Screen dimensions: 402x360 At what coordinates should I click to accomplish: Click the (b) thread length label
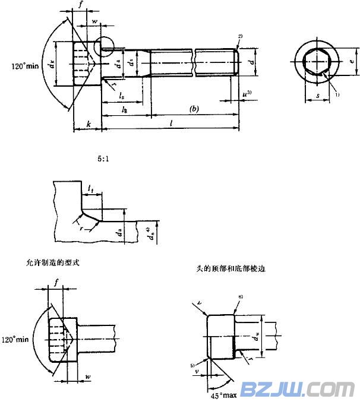193,109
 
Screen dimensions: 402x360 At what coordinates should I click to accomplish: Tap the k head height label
89,124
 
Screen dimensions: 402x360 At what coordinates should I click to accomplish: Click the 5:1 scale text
104,159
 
